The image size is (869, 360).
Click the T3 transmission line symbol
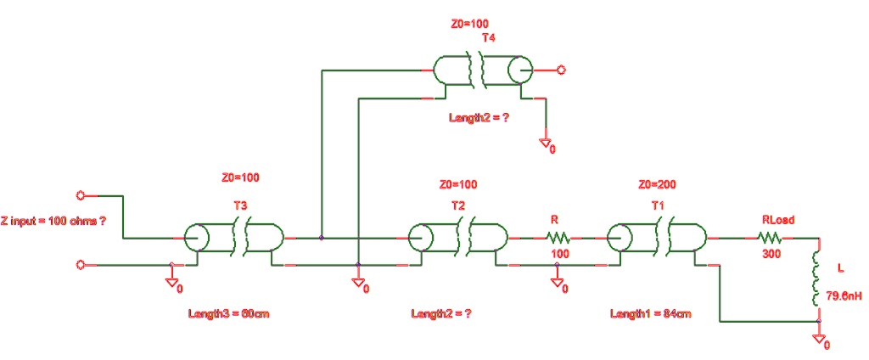233,239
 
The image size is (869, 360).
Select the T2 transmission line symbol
458,239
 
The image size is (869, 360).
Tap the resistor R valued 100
557,239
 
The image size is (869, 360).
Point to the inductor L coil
817,276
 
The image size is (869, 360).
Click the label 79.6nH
838,297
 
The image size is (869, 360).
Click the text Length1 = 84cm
650,314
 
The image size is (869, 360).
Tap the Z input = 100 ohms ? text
55,220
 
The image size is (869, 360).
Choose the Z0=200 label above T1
656,184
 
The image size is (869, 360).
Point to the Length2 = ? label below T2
441,314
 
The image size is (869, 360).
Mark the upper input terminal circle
81,196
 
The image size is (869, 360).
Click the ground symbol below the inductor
819,340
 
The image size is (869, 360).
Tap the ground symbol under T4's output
547,145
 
